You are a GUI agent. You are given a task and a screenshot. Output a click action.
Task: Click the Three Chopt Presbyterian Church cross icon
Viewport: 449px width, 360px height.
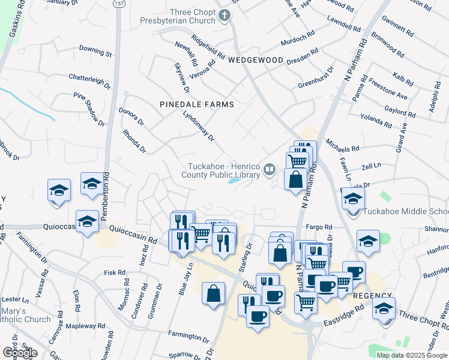224,15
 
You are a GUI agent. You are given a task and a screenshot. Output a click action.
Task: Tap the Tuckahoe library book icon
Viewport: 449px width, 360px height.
269,170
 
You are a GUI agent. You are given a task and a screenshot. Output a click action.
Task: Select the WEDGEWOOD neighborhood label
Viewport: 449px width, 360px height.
255,60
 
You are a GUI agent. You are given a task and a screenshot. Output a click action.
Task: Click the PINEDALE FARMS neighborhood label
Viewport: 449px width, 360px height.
196,104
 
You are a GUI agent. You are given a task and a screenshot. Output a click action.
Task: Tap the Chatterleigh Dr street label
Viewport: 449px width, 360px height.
90,77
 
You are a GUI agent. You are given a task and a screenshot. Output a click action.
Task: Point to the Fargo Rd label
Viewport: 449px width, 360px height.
319,227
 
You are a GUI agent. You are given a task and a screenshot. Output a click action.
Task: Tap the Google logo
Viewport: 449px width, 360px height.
20,353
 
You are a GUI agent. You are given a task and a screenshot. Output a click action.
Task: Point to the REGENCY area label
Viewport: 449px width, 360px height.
372,296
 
